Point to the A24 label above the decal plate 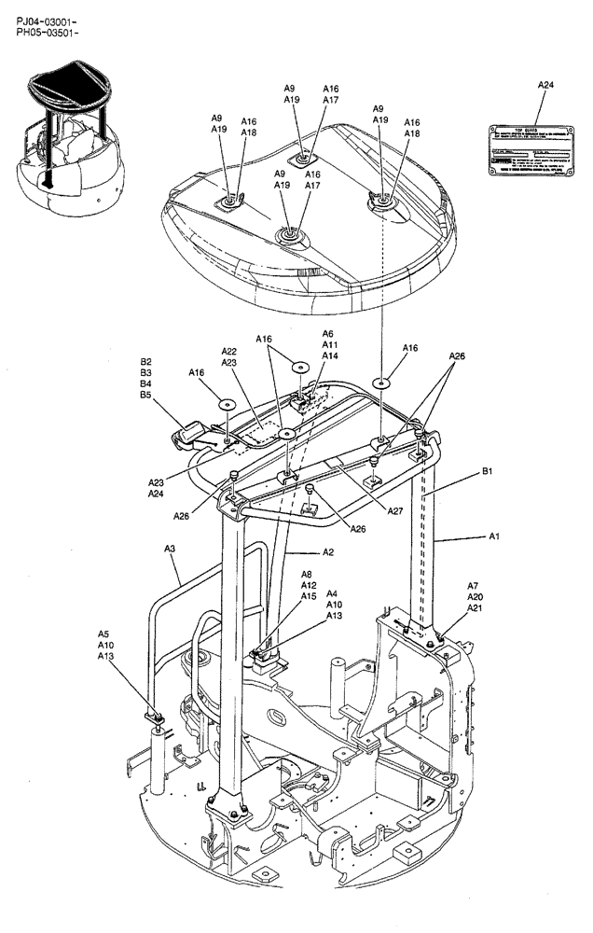pyautogui.click(x=545, y=85)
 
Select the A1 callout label pyautogui.click(x=494, y=536)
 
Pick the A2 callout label pyautogui.click(x=328, y=552)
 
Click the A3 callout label pyautogui.click(x=170, y=549)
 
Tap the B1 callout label pyautogui.click(x=488, y=473)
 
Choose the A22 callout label pyautogui.click(x=229, y=351)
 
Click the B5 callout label pyautogui.click(x=146, y=395)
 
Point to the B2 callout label pyautogui.click(x=146, y=361)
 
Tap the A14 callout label pyautogui.click(x=328, y=355)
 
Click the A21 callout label pyautogui.click(x=475, y=608)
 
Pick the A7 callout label pyautogui.click(x=473, y=585)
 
